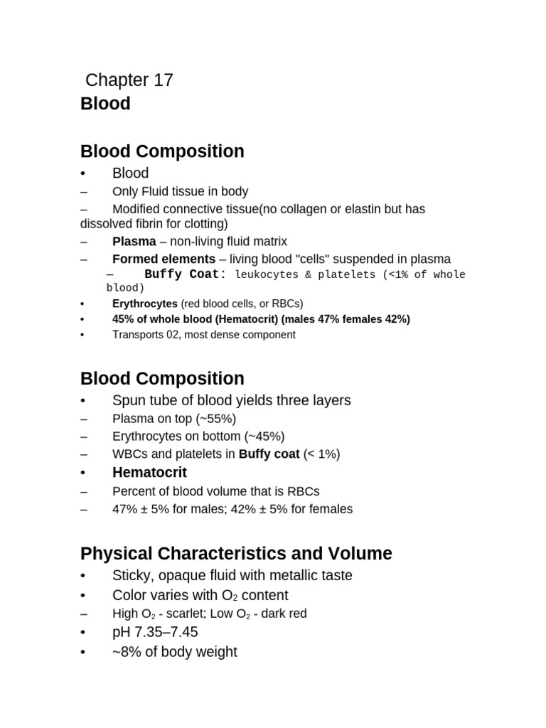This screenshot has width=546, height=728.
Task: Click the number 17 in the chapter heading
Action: click(x=162, y=80)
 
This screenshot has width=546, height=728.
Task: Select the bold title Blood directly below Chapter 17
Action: click(x=105, y=104)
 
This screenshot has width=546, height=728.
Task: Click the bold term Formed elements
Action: click(x=164, y=259)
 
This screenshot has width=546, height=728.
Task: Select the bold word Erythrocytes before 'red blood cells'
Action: click(x=145, y=304)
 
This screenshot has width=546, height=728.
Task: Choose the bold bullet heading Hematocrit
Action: click(x=149, y=473)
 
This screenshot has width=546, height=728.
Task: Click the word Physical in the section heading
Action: click(x=114, y=554)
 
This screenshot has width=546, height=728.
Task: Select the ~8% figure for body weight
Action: click(x=126, y=652)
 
